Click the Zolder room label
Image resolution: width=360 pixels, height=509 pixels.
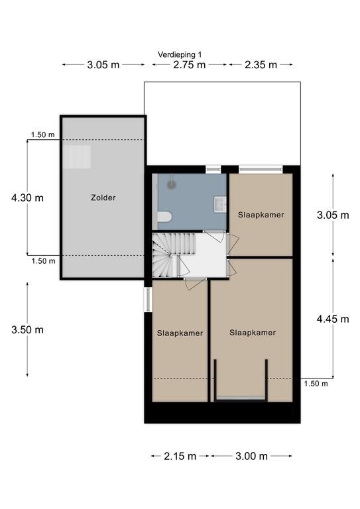(103, 198)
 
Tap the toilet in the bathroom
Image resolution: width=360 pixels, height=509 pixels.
(164, 217)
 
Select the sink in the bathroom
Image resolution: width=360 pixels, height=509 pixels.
(220, 204)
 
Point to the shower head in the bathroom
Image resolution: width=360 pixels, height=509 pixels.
(172, 184)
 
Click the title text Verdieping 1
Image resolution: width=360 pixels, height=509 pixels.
(180, 54)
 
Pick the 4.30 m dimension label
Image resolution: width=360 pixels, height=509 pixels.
(27, 198)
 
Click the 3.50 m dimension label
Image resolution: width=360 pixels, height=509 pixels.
(27, 330)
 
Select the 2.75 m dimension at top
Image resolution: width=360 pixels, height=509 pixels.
(189, 65)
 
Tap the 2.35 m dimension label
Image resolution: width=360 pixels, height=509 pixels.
(261, 65)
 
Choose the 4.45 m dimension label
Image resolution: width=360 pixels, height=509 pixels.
(333, 319)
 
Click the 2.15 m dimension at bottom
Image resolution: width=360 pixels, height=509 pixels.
(180, 457)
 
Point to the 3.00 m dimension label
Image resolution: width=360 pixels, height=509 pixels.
(251, 457)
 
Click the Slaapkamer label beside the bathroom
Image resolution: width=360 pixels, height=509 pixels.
(261, 215)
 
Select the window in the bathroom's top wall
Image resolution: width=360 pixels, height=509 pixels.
(213, 169)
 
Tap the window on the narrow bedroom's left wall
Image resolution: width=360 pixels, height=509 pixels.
(148, 299)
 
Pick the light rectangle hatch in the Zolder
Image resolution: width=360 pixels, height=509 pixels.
(77, 157)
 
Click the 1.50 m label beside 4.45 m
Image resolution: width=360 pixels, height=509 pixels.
(316, 384)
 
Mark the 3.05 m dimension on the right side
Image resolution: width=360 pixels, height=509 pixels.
(333, 215)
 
